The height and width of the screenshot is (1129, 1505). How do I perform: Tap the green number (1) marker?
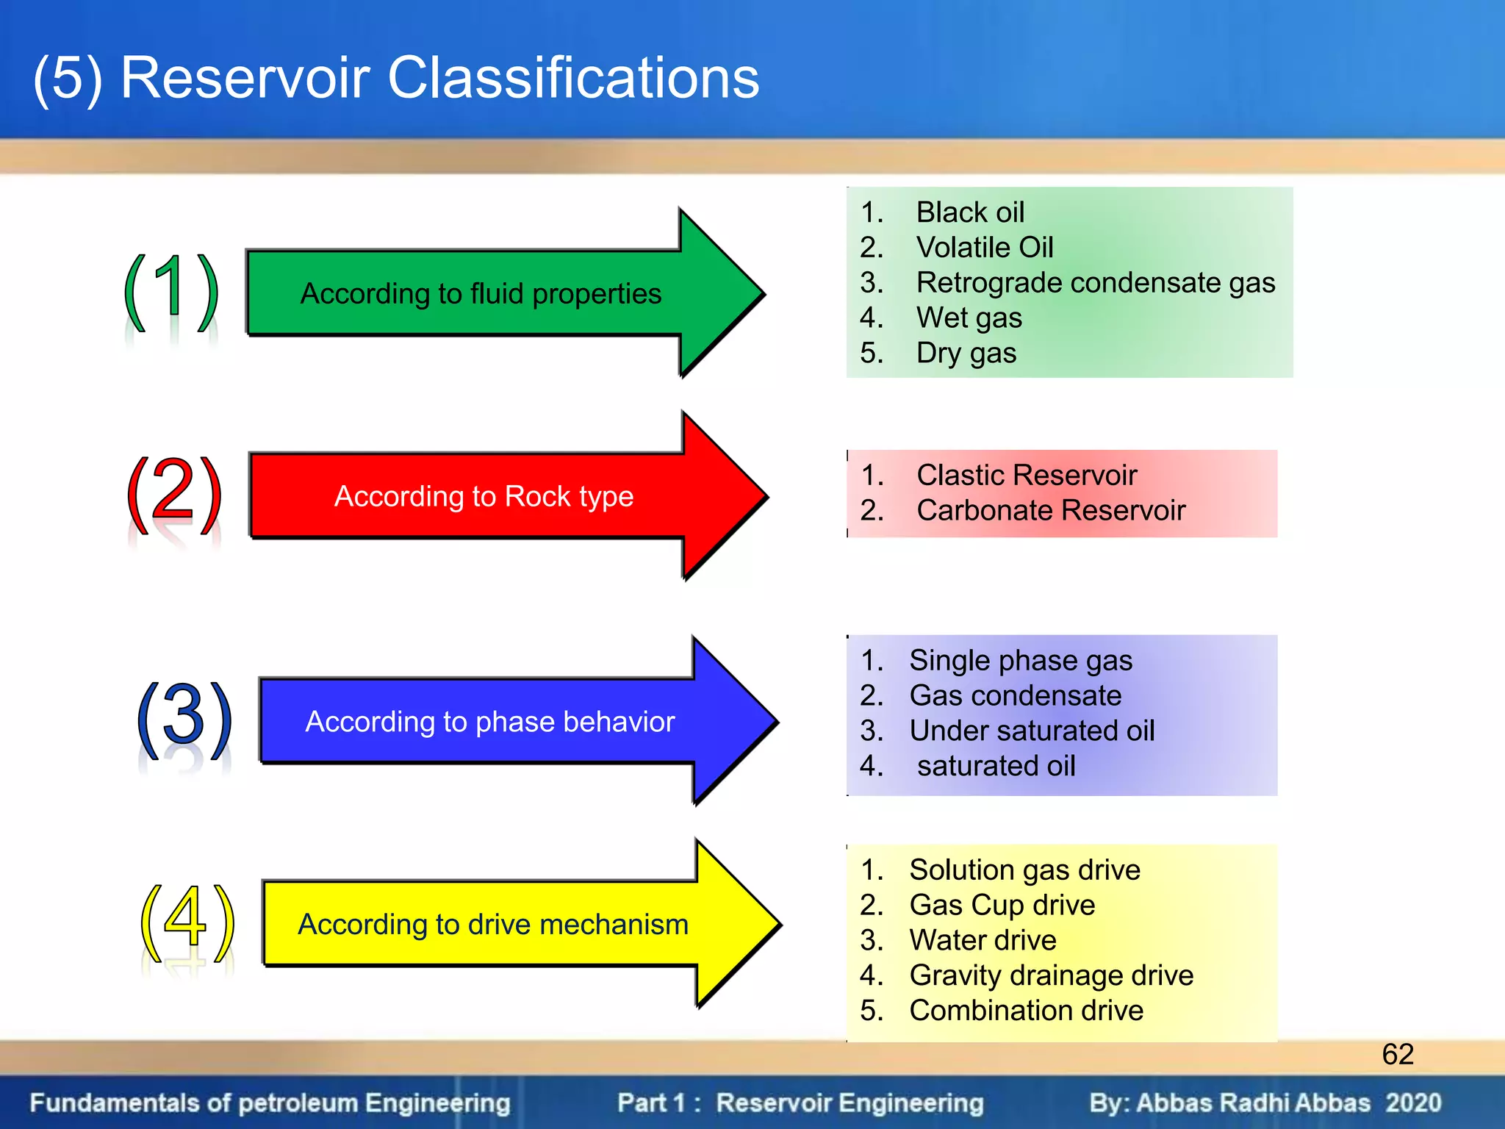point(170,293)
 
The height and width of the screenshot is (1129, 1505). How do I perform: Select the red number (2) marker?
point(174,494)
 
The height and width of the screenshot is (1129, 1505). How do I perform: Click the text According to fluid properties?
point(481,294)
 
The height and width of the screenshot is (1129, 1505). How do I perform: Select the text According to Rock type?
point(484,497)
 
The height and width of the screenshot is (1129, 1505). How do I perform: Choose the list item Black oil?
point(969,212)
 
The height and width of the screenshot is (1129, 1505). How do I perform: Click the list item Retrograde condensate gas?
point(1095,283)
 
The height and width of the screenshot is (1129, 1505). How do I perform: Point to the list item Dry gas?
point(966,354)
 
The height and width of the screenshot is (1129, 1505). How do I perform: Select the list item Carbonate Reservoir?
point(1050,511)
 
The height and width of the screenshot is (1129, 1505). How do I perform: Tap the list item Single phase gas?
point(1020,661)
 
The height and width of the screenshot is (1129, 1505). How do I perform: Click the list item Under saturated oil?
point(1031,731)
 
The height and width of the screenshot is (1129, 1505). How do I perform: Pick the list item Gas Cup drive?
point(1002,906)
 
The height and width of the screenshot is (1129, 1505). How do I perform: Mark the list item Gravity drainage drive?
point(1051,976)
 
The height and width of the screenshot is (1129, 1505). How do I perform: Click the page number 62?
point(1397,1055)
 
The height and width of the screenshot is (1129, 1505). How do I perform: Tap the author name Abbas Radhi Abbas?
point(1253,1103)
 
